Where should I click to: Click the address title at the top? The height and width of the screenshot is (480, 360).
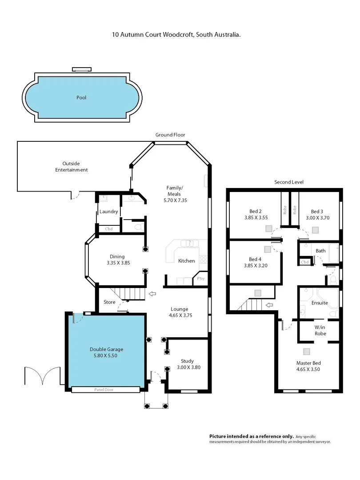176,34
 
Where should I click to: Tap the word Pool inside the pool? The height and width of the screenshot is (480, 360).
81,97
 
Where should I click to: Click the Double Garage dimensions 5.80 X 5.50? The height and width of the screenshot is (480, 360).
106,356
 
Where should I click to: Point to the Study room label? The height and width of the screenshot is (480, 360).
187,361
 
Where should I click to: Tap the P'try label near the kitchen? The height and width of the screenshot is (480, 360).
201,279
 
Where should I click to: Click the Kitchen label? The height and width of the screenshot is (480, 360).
186,261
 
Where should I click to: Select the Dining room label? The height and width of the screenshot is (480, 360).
117,256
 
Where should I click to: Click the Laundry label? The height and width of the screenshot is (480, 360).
108,212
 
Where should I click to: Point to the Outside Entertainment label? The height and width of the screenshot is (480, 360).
71,167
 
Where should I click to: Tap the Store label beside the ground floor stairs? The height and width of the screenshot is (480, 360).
109,302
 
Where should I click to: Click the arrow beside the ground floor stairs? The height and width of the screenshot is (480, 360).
152,293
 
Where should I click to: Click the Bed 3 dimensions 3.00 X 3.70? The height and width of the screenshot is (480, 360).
316,218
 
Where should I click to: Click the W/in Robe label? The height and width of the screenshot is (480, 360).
320,330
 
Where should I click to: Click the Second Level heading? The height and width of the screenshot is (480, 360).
289,182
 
